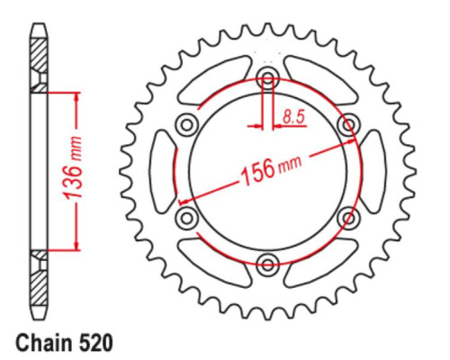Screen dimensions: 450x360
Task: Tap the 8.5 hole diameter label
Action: pyautogui.click(x=293, y=117)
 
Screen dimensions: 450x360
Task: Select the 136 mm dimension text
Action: pyautogui.click(x=73, y=168)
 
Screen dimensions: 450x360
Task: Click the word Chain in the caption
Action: pyautogui.click(x=45, y=343)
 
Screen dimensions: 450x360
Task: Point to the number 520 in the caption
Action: pyautogui.click(x=96, y=343)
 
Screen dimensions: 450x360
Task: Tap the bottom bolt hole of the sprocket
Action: pyautogui.click(x=267, y=264)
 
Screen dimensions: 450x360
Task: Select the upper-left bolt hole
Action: pyautogui.click(x=187, y=124)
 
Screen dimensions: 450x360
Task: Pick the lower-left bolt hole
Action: pyautogui.click(x=187, y=217)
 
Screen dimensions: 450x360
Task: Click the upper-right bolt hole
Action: pyautogui.click(x=348, y=123)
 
